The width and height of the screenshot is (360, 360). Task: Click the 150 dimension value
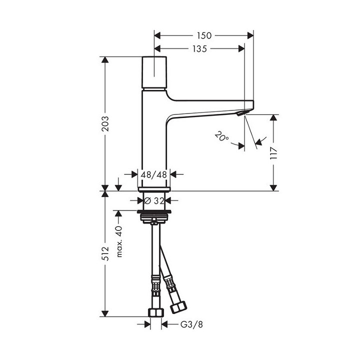(204, 35)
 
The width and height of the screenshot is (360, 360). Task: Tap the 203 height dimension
(105, 123)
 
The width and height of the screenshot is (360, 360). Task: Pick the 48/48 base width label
(153, 174)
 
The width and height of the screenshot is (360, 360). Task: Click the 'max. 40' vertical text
(119, 240)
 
